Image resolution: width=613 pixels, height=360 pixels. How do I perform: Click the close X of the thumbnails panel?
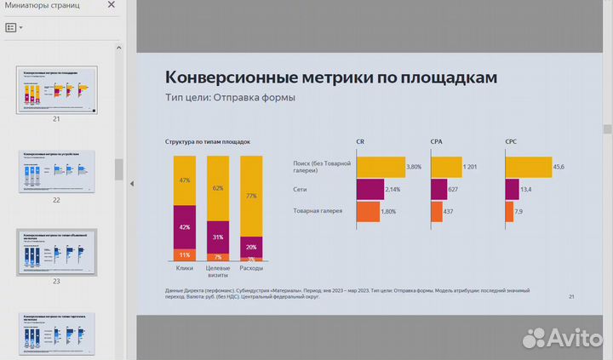click(111, 6)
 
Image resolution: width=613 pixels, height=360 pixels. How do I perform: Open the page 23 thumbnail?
click(58, 252)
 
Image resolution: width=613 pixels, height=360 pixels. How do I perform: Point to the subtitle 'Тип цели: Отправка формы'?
click(230, 98)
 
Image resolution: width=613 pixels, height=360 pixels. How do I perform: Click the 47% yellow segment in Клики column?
click(185, 180)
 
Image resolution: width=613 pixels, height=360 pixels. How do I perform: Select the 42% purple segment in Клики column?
click(185, 227)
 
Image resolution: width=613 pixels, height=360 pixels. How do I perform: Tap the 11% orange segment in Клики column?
click(185, 254)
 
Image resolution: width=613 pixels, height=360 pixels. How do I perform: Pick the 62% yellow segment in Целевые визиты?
click(218, 188)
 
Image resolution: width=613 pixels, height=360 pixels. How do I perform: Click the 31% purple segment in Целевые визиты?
click(218, 237)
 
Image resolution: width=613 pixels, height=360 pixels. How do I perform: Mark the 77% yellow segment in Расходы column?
click(251, 196)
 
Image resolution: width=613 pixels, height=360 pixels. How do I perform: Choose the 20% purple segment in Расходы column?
click(251, 247)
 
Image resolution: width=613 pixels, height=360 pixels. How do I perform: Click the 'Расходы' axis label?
click(251, 269)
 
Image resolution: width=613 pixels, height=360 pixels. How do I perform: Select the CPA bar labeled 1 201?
click(446, 167)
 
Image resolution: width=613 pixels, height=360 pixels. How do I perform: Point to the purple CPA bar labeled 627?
click(439, 189)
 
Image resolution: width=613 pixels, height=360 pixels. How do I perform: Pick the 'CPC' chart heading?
click(512, 142)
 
